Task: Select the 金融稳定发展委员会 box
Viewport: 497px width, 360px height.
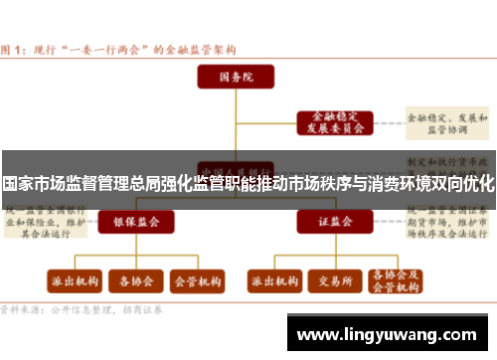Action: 333,122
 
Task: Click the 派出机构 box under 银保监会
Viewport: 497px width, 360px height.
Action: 74,281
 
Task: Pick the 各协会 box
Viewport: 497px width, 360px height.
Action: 134,281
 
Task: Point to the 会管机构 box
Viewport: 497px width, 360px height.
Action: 196,281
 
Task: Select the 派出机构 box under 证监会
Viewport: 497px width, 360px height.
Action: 274,281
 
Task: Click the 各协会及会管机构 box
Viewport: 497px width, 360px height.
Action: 394,281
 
